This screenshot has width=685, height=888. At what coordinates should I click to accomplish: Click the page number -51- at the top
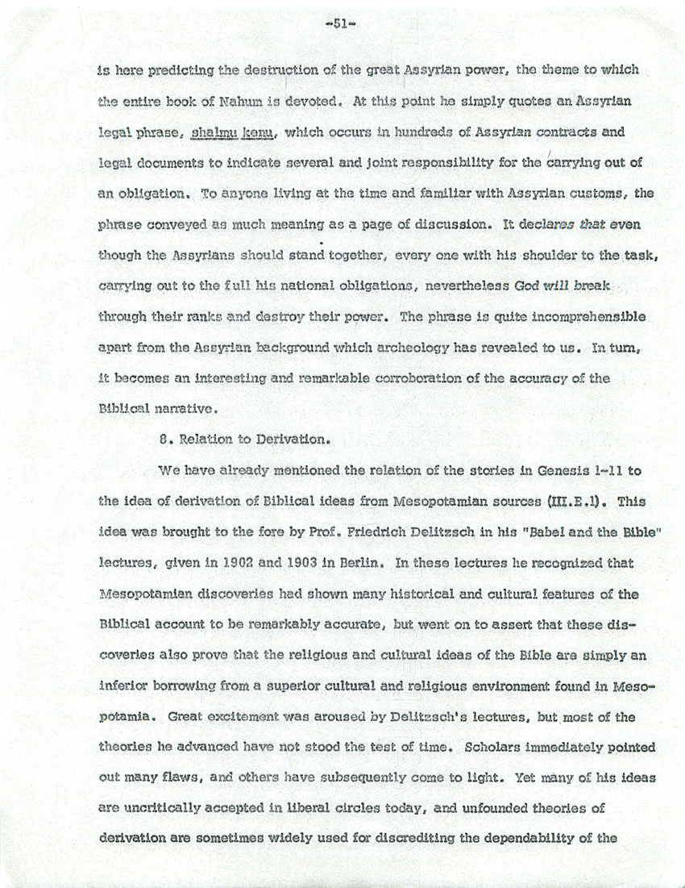342,24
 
